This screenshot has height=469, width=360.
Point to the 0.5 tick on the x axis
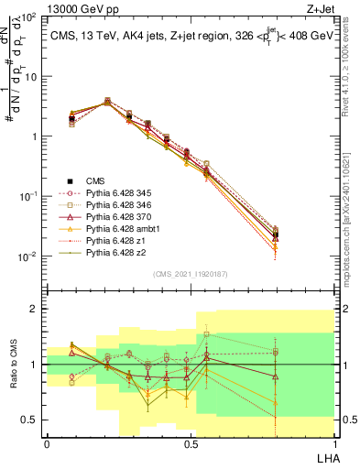(x=190, y=443)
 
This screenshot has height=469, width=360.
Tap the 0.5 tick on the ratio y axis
(x=32, y=420)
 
